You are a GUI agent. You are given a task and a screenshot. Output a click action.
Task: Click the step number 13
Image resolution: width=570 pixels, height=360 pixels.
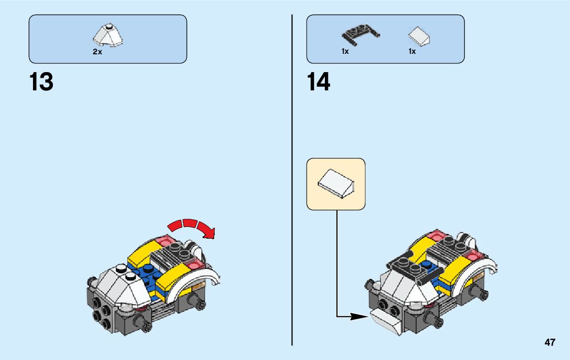41,82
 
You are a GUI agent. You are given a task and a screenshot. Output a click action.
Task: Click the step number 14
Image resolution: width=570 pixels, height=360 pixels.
318,82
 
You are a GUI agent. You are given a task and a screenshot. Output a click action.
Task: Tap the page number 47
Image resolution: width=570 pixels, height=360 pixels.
550,343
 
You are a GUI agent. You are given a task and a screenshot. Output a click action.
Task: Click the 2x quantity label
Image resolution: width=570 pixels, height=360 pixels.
97,52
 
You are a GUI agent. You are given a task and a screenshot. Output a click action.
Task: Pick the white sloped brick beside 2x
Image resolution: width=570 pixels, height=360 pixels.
108,35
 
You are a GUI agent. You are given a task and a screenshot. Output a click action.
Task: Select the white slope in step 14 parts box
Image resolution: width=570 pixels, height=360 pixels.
419,36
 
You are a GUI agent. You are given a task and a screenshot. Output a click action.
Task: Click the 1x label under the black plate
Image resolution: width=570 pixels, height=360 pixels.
345,51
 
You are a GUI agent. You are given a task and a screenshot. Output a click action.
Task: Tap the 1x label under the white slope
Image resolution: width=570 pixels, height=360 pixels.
412,51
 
